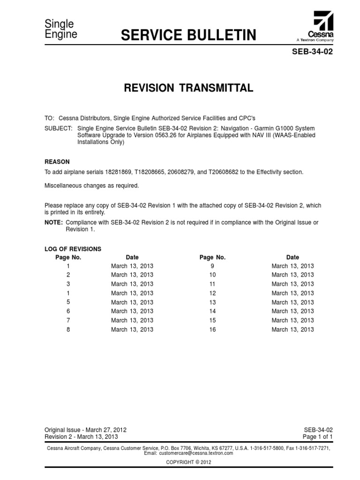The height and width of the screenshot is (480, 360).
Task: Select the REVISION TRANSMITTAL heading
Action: [x=188, y=88]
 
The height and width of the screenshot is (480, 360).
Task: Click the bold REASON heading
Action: [x=57, y=162]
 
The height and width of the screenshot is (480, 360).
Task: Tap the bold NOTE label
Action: [x=53, y=222]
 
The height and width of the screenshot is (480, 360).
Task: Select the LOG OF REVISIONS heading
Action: [x=73, y=249]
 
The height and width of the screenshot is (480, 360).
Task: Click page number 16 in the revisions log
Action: [x=212, y=330]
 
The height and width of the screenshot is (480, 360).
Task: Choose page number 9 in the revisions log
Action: [x=212, y=266]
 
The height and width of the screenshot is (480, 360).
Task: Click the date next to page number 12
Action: [x=292, y=293]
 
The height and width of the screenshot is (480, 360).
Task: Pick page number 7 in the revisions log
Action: [x=68, y=320]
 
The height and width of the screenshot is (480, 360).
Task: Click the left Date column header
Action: [x=132, y=257]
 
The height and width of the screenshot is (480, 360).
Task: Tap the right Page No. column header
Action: [x=212, y=257]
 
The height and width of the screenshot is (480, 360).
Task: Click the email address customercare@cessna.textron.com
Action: [x=195, y=454]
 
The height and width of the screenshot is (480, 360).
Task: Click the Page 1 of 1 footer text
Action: [x=318, y=436]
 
